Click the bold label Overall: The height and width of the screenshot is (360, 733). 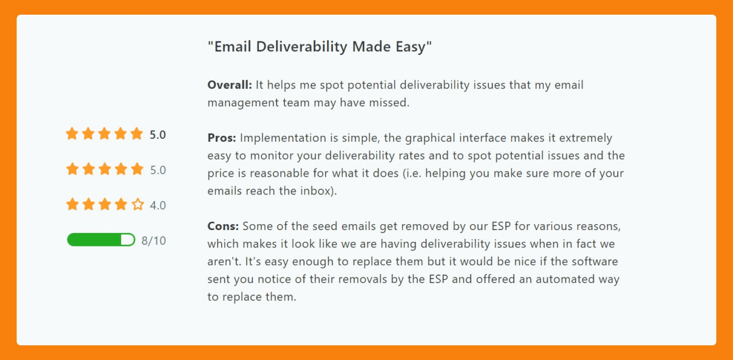click(230, 85)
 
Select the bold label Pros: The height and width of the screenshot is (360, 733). click(222, 138)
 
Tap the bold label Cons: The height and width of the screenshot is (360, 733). click(223, 226)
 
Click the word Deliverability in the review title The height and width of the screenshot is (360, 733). click(301, 47)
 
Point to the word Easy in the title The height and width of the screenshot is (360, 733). click(410, 47)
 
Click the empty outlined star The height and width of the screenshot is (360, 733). click(138, 204)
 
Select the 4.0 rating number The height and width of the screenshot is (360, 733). click(158, 205)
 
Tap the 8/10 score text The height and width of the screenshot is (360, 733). click(154, 241)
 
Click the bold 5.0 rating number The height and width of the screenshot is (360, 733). click(158, 135)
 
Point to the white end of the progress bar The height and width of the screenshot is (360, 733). click(128, 239)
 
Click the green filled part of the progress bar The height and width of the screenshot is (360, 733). click(94, 239)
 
